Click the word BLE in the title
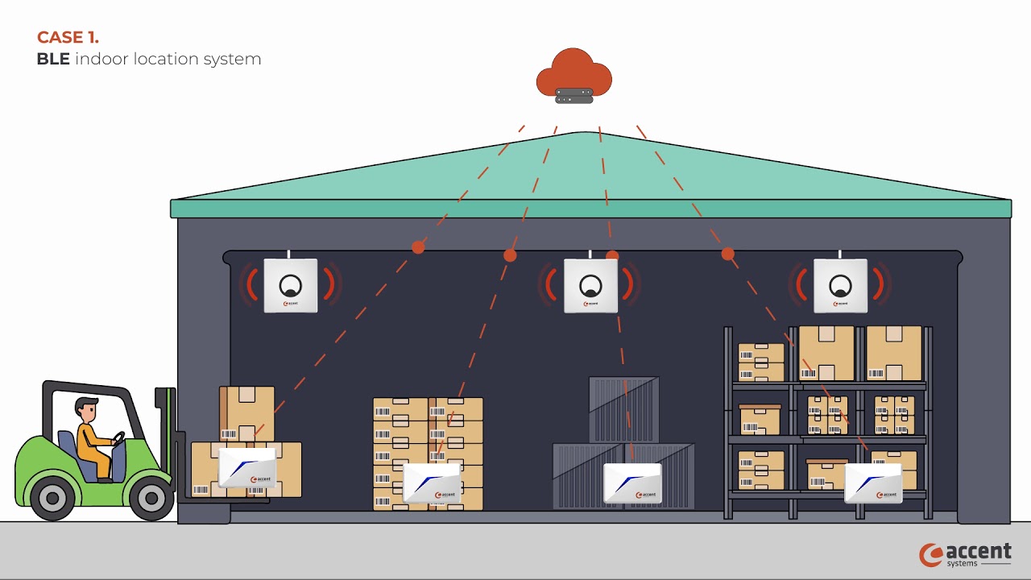[53, 60]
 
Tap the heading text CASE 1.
[68, 37]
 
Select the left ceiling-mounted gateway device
[291, 285]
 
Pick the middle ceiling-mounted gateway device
[590, 285]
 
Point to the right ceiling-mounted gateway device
[840, 285]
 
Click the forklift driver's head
[85, 408]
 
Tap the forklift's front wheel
[151, 498]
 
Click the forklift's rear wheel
[52, 498]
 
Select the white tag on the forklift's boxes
[248, 468]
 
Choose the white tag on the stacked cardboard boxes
[432, 483]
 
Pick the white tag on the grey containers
[632, 483]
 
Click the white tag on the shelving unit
[873, 483]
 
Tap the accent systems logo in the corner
[966, 554]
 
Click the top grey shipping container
[623, 408]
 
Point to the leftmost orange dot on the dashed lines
[418, 247]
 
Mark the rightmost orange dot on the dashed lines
[728, 254]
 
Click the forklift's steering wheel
[118, 438]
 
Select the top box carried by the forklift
[246, 413]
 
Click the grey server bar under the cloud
[574, 96]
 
